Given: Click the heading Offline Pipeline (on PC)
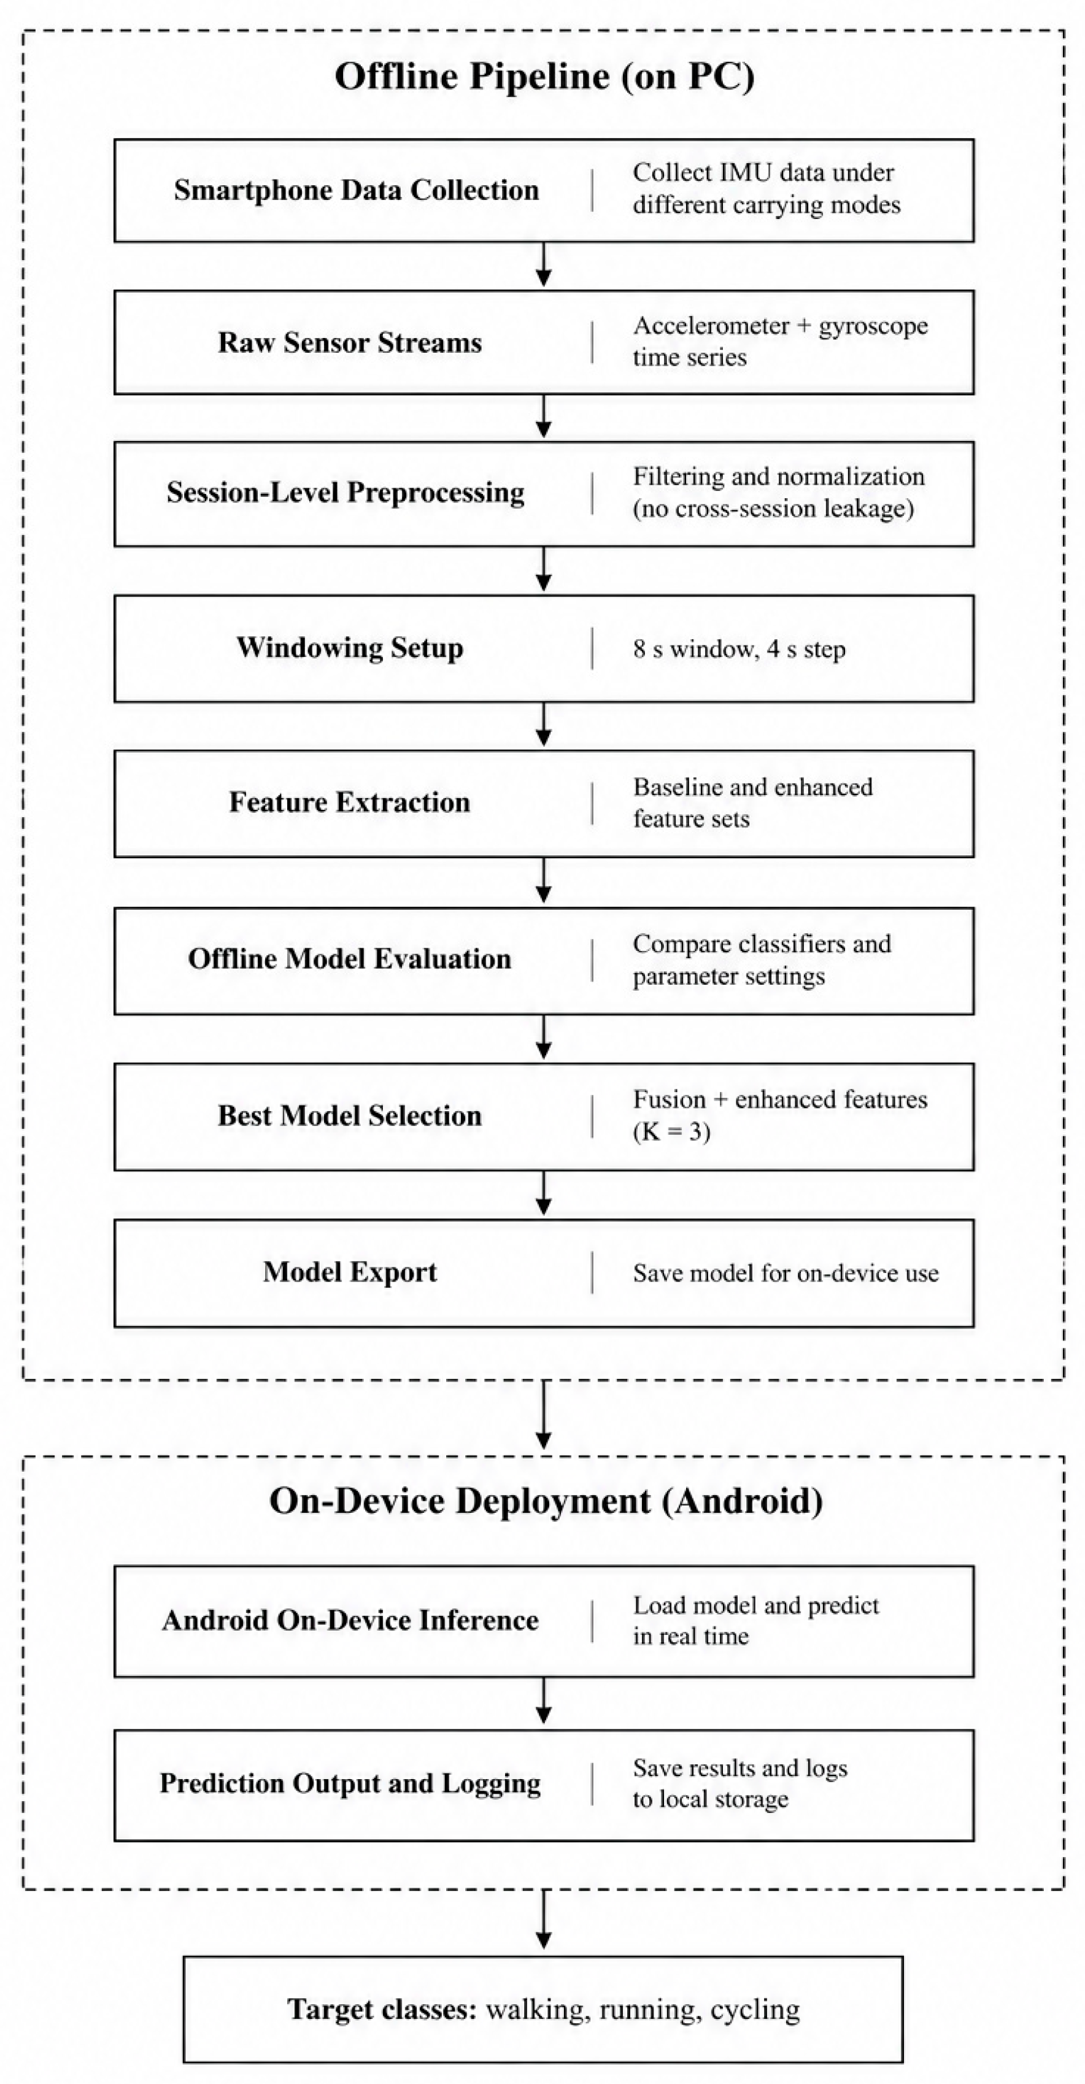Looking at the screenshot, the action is (544, 77).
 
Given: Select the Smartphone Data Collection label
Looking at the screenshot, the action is (356, 190).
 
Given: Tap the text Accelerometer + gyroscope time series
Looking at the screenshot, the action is (780, 341).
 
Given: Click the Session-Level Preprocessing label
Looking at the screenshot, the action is (346, 493).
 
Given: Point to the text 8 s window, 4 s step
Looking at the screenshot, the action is (739, 649).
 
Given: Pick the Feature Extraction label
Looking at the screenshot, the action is (350, 802).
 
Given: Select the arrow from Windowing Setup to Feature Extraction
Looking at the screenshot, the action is (544, 724).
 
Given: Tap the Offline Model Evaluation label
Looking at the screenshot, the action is (350, 959).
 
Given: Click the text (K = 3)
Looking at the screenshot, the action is (671, 1131).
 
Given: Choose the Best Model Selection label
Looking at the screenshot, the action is (350, 1116).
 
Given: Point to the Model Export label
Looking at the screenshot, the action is (350, 1272).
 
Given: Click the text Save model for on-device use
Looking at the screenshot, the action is (786, 1274).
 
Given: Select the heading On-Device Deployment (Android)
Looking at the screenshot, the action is (546, 1501).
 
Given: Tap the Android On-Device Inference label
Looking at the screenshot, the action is (350, 1620).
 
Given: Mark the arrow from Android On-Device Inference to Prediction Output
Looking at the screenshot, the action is (544, 1701).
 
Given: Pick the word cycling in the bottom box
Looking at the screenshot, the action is (755, 2010).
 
